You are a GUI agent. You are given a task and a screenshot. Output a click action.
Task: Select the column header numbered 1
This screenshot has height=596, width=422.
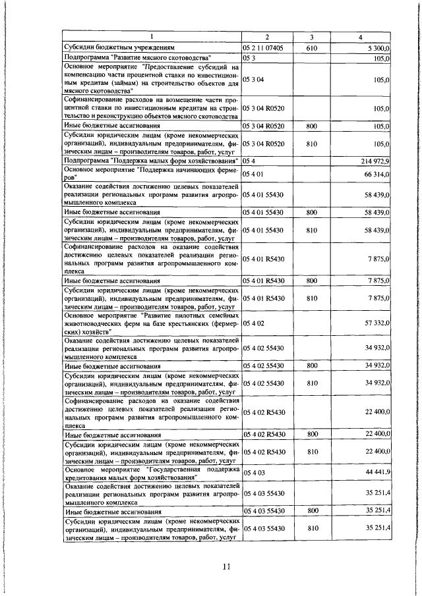[151, 36]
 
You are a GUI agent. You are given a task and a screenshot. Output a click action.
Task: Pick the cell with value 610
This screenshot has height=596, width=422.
[313, 48]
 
